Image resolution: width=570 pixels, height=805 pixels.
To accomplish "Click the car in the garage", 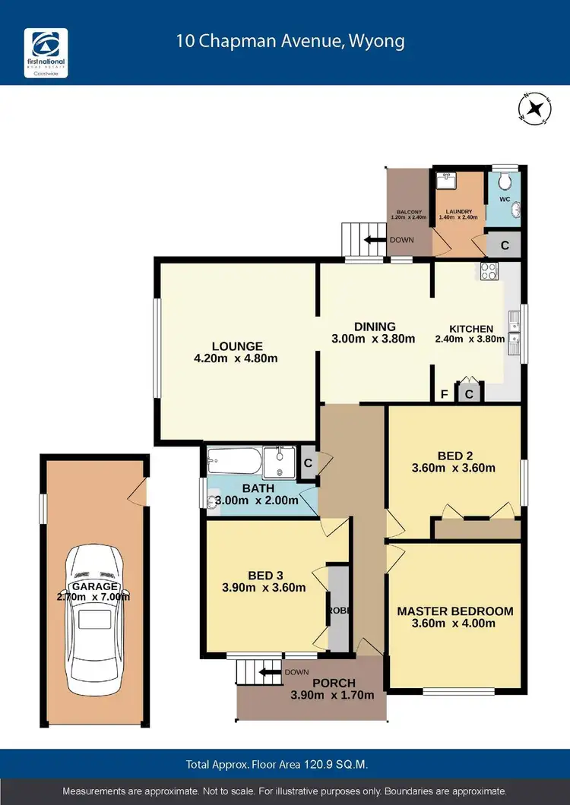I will click(95, 618).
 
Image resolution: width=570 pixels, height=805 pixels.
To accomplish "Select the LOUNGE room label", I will click(237, 346).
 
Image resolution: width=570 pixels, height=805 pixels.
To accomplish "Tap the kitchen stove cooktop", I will click(486, 269).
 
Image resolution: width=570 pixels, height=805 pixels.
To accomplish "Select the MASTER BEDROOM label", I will click(454, 611).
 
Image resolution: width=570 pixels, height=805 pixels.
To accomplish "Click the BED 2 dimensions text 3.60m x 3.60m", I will click(453, 468).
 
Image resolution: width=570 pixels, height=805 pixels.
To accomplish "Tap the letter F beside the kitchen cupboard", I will click(445, 394).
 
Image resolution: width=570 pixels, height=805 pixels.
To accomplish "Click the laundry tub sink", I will click(445, 179).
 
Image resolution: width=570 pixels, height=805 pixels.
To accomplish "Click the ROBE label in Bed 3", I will click(336, 610).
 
